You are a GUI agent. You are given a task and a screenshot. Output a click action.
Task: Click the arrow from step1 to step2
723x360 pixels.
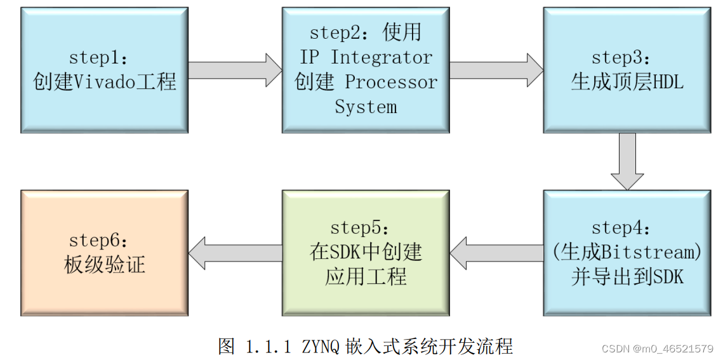click(235, 70)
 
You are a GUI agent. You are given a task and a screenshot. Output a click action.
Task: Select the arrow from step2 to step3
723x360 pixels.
click(496, 70)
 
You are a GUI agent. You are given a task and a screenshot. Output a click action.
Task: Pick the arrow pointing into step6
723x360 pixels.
click(235, 253)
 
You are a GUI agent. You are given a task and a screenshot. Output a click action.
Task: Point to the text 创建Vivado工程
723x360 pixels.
click(105, 82)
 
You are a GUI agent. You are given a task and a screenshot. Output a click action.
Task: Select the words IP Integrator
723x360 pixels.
click(366, 57)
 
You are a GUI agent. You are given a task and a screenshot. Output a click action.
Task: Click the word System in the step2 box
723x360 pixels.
click(366, 107)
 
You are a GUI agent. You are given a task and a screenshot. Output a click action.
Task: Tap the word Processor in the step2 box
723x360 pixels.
click(391, 82)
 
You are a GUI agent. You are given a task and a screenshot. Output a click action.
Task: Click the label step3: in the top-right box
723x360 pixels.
click(621, 57)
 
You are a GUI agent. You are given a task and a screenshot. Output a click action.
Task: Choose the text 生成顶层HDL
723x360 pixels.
click(627, 82)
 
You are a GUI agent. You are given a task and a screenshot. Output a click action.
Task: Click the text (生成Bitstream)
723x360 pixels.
click(627, 252)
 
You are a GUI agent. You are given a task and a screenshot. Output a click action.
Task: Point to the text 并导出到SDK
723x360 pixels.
click(627, 277)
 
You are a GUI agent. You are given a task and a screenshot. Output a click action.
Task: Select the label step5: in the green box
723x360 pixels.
click(360, 227)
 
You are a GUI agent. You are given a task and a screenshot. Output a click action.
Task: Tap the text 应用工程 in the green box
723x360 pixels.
click(366, 277)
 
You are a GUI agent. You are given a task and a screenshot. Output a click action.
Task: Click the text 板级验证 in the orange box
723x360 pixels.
click(105, 265)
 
